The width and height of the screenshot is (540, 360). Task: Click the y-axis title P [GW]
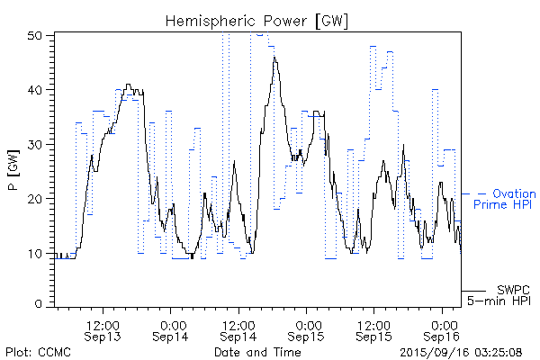13,170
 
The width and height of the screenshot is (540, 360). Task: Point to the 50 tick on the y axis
35,35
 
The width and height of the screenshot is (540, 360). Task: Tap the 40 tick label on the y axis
35,89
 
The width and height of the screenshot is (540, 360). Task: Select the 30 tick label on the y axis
35,143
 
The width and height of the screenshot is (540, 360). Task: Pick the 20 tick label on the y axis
35,198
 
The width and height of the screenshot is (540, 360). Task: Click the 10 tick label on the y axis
35,252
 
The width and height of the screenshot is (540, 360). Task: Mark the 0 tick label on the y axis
39,305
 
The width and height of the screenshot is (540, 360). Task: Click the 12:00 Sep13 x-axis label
103,329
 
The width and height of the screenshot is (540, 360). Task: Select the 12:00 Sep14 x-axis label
238,329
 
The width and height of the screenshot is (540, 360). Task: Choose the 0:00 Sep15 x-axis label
307,329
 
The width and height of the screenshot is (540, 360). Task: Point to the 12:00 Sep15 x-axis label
373,329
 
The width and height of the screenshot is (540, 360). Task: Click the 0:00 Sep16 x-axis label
442,329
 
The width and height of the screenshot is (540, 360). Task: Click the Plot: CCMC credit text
33,351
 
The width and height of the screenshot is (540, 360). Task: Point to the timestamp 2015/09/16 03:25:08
460,351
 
